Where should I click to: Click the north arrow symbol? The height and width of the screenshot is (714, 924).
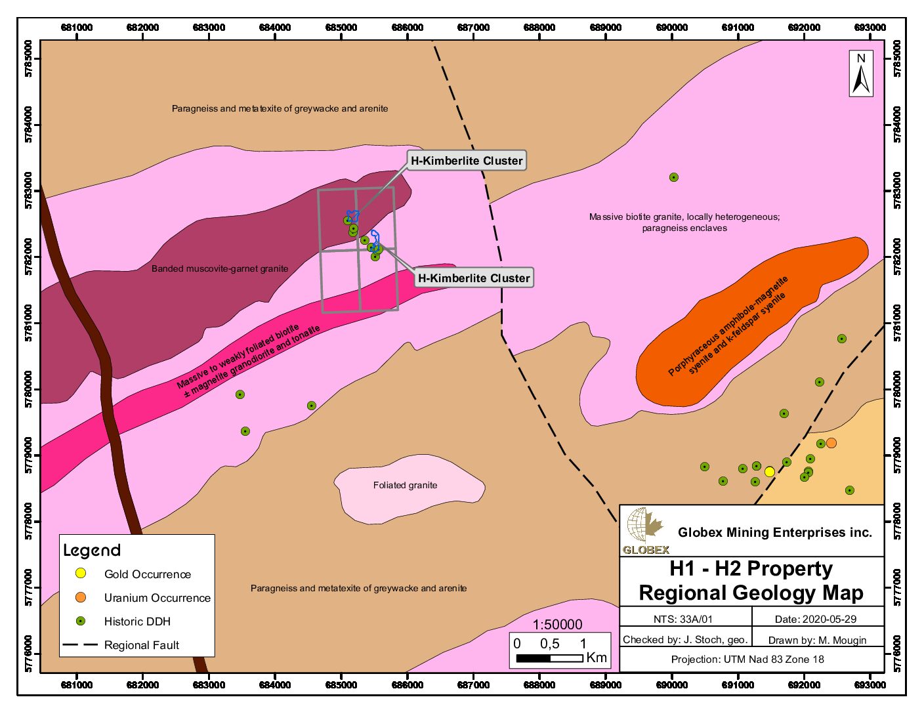coord(861,73)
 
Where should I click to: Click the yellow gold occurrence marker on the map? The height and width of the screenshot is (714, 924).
coord(769,472)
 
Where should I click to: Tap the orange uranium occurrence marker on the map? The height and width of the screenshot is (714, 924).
coord(831,443)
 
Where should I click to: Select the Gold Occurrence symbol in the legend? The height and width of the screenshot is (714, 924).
coord(81,574)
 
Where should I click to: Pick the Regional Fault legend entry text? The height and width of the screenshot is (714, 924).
coord(141,645)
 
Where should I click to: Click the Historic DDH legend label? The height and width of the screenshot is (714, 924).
coord(137,621)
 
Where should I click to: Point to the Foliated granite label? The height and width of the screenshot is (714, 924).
coord(405,486)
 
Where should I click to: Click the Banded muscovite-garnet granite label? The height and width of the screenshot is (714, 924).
coord(219,268)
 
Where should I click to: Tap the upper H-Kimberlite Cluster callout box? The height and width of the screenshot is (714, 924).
coord(467,161)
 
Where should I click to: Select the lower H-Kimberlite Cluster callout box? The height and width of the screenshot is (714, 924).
coord(474,278)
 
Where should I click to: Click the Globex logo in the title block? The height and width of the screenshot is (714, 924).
coord(646,531)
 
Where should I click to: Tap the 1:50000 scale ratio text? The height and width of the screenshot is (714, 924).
coord(557,625)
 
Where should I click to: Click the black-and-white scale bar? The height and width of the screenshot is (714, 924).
coord(549,658)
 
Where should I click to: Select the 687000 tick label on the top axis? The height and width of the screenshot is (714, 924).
coord(473,28)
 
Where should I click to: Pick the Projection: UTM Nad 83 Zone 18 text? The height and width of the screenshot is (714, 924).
coord(747,660)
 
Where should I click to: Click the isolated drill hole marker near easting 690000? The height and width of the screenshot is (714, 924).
coord(673,177)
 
